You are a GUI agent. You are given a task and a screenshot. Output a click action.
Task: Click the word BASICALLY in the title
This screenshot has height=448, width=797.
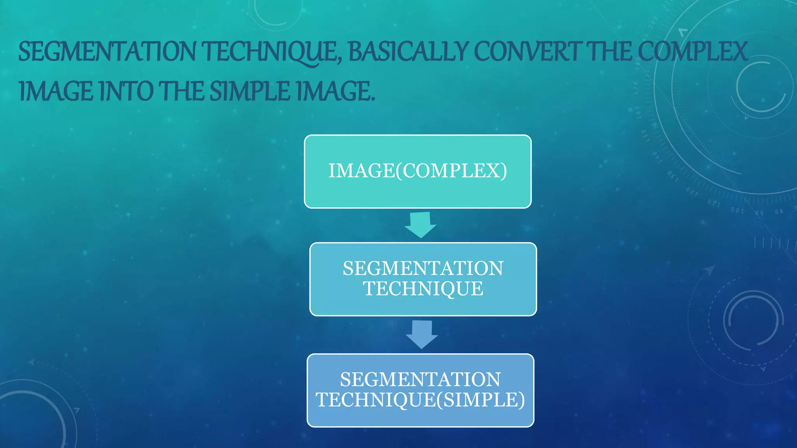pos(408,52)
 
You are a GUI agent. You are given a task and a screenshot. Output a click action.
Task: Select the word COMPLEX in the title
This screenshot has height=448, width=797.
pos(693,52)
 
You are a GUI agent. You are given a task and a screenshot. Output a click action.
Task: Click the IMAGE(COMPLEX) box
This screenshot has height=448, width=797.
pos(418,171)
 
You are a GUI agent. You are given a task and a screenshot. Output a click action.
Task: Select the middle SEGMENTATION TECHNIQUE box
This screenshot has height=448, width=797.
pos(423,279)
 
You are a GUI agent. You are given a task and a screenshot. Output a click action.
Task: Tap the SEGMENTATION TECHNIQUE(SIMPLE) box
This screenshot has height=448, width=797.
pos(420,390)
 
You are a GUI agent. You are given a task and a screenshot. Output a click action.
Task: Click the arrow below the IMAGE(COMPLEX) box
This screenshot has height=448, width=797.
pos(420,225)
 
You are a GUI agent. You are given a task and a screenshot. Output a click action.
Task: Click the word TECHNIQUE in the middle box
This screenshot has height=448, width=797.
pos(423,289)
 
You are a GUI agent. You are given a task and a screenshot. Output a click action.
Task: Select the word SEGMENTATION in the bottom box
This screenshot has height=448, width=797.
pos(420,380)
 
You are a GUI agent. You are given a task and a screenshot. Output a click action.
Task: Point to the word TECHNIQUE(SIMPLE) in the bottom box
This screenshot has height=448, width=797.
pos(420,400)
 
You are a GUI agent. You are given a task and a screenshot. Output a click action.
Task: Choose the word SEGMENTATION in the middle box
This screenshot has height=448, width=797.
pos(423,268)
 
